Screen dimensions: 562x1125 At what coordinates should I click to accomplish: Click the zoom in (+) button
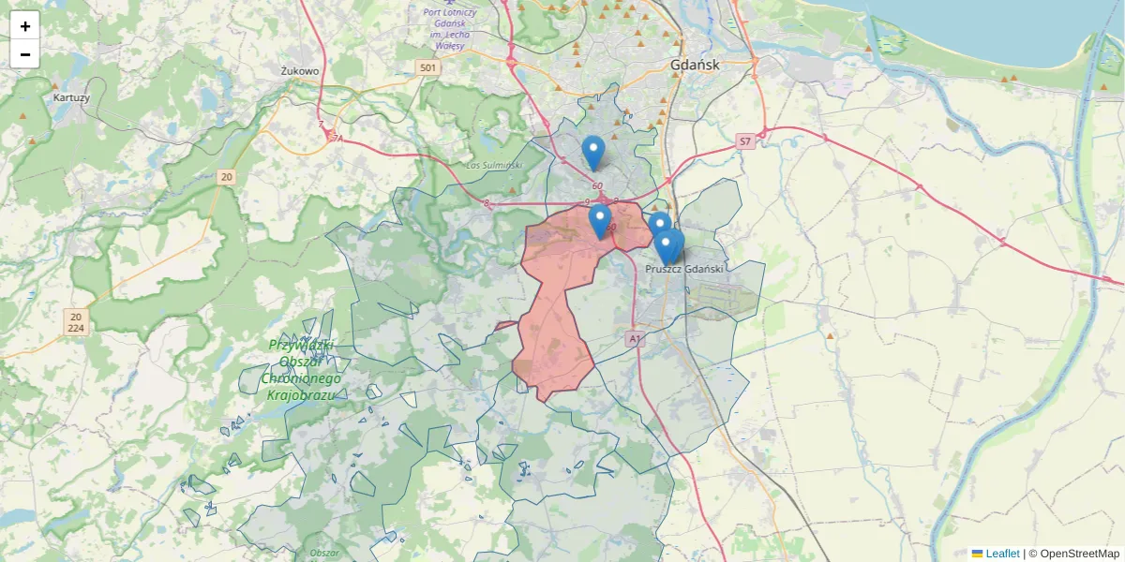tap(24, 26)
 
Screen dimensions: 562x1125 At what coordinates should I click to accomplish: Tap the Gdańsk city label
tap(695, 65)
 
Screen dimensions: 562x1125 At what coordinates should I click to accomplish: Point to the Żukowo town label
tap(300, 70)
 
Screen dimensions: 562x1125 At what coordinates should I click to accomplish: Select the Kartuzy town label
tap(71, 96)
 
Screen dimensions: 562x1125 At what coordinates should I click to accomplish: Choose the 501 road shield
tap(427, 67)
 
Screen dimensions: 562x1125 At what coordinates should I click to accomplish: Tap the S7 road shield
tap(744, 141)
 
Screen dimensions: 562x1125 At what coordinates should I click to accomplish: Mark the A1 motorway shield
tap(635, 338)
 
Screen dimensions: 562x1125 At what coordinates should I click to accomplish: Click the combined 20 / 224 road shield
tap(76, 322)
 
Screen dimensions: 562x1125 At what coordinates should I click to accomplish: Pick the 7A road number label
tap(337, 138)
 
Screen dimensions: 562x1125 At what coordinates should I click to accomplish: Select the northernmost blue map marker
tap(592, 153)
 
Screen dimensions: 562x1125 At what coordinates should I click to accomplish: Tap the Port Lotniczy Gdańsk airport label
tap(450, 28)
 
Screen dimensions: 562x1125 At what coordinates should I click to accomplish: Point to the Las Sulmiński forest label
tap(494, 166)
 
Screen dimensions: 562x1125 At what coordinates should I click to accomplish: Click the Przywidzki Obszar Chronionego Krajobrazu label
tap(303, 370)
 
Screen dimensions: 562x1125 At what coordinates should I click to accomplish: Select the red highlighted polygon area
tap(558, 300)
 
